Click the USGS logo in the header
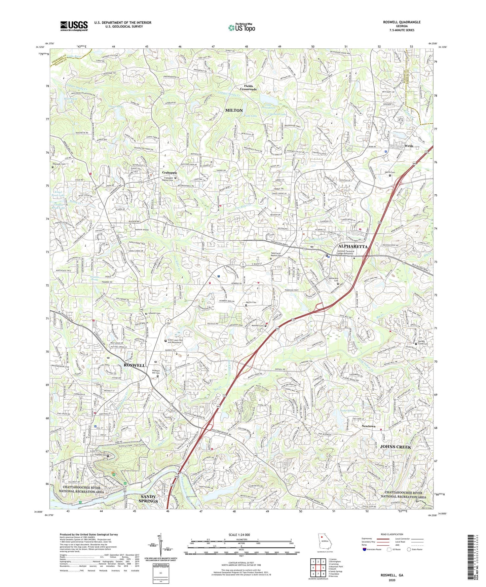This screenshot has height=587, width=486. (x=74, y=26)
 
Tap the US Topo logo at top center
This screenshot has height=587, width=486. (x=241, y=28)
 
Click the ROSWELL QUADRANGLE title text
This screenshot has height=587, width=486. (x=402, y=22)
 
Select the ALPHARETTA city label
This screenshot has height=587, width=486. (x=352, y=246)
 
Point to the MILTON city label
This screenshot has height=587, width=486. (x=234, y=110)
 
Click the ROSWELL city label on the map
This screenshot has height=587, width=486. (x=134, y=365)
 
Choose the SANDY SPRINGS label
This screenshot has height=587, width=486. (x=148, y=499)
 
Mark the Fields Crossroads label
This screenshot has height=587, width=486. (x=248, y=88)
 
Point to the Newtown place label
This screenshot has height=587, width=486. (x=368, y=426)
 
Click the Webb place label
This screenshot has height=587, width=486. (x=409, y=146)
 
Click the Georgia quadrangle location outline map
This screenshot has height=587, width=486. (x=325, y=544)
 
